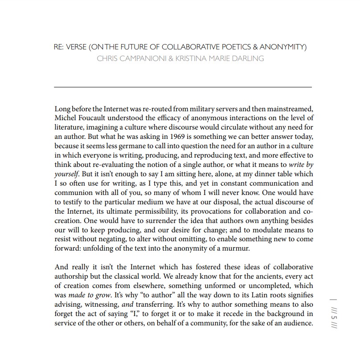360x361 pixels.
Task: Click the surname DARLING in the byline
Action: tap(247, 58)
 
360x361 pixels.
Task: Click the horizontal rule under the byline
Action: tap(183, 87)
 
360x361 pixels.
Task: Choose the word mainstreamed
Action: tap(290, 109)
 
